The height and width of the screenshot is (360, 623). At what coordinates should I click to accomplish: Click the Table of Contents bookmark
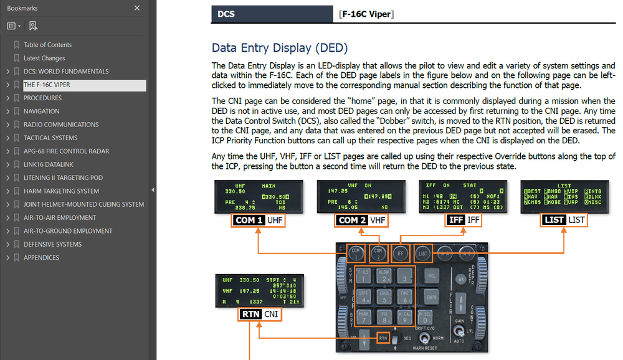pos(47,45)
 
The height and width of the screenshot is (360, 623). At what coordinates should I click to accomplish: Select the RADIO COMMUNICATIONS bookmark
pos(61,125)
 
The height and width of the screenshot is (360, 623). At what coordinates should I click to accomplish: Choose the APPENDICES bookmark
pos(41,257)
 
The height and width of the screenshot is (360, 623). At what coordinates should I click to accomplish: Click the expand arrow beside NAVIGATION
pos(8,111)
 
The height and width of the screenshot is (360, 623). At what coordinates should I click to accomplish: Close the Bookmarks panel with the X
pos(137,8)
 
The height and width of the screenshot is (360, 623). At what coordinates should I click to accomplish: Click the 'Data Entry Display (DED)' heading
pos(280,48)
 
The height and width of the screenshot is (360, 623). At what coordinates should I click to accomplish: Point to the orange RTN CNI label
pos(260,314)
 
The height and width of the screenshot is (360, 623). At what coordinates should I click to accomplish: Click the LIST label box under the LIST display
pos(564,220)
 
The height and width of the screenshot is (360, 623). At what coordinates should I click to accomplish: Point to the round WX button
pos(461,280)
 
